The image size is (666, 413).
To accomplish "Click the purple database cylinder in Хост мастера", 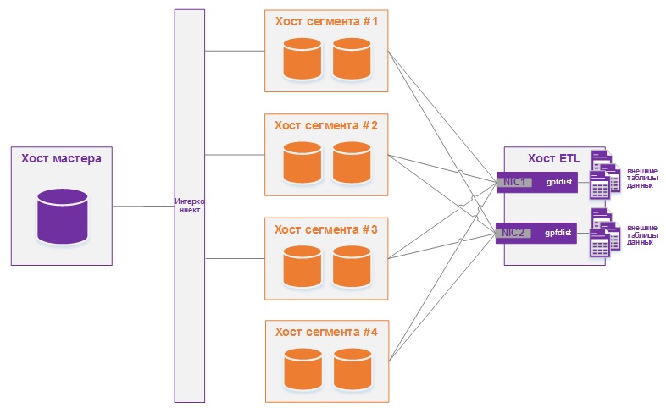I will [x=63, y=217].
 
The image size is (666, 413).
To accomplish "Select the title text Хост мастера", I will [x=61, y=158].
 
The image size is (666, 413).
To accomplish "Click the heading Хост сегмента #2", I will [x=326, y=125].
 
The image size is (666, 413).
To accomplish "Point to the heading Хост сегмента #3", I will [x=326, y=229].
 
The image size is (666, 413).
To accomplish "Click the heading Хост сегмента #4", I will [x=326, y=332].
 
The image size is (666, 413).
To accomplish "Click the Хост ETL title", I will [x=554, y=158].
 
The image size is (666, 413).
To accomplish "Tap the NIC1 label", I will [x=514, y=182].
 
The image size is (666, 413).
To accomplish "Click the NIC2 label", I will [x=514, y=232].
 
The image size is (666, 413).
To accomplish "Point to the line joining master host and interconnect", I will [x=142, y=206].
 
